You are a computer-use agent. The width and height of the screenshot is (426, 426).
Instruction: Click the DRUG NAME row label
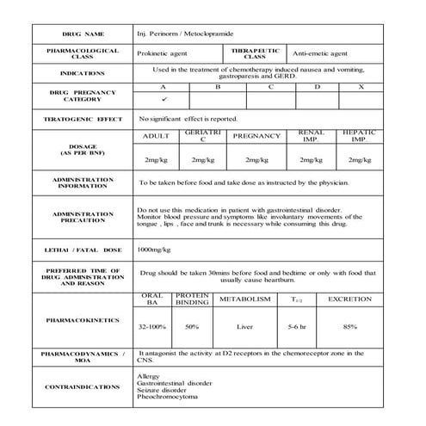(x=82, y=33)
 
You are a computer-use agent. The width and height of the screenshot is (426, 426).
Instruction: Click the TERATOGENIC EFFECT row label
(x=82, y=117)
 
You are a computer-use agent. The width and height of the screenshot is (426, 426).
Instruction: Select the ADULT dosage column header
(x=156, y=136)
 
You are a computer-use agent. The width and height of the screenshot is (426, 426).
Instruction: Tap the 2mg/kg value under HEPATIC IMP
(x=359, y=160)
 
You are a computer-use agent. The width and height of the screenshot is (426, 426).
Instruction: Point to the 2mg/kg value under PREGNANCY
(x=256, y=160)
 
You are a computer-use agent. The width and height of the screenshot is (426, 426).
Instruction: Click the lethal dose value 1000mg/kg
(x=155, y=249)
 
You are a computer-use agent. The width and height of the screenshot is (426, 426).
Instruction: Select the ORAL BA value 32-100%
(x=153, y=327)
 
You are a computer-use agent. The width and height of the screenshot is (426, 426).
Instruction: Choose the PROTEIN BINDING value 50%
(x=192, y=327)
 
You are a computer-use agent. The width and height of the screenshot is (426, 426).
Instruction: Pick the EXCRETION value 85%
(x=349, y=327)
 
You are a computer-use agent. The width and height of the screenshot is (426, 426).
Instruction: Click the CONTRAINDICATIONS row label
(x=82, y=387)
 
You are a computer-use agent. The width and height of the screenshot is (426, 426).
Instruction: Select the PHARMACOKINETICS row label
(x=82, y=319)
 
